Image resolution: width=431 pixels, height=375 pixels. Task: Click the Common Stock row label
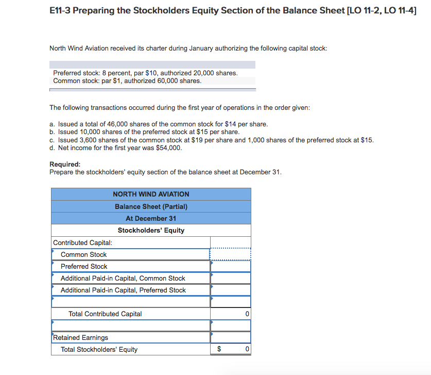[x=83, y=254]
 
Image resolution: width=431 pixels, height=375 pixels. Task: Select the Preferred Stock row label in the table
[x=84, y=266]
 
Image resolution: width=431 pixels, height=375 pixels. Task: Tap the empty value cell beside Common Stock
[x=230, y=254]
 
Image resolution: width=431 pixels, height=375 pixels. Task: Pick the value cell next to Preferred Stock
[x=230, y=266]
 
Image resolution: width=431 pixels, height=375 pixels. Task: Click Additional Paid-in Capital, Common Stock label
[x=123, y=278]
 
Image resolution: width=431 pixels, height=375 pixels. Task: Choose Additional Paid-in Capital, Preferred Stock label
[x=123, y=290]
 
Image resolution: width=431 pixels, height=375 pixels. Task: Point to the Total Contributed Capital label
[x=105, y=314]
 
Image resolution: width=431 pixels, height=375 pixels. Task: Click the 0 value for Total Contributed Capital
[x=247, y=314]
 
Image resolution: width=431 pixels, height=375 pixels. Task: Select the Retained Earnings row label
[x=80, y=337]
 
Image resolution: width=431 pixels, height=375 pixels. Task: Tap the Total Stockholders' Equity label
[x=99, y=349]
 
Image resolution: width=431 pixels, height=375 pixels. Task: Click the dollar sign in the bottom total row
[x=219, y=349]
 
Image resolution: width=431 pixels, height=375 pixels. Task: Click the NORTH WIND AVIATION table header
[x=151, y=194]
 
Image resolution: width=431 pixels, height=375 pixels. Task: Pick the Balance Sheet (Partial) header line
[x=151, y=206]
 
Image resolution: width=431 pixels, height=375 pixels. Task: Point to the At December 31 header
[x=151, y=218]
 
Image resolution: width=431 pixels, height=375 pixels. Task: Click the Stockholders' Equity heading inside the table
[x=151, y=230]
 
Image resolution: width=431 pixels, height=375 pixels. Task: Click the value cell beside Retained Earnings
[x=230, y=337]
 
